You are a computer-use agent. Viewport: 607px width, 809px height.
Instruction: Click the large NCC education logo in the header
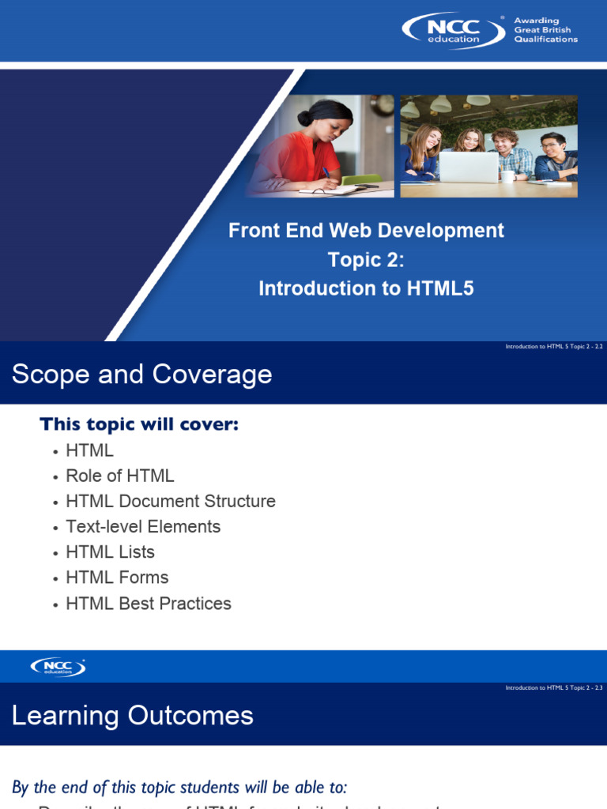(x=453, y=31)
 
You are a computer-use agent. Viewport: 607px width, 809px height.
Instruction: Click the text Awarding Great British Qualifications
(x=545, y=30)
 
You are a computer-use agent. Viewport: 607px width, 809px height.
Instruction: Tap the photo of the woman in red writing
(x=319, y=146)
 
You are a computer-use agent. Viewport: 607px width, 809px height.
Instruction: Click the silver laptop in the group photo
(x=468, y=167)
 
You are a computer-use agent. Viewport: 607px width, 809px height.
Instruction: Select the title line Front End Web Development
(x=366, y=231)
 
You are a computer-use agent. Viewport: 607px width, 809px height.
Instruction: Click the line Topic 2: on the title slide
(x=366, y=260)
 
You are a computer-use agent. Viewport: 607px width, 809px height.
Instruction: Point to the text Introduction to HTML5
(x=366, y=289)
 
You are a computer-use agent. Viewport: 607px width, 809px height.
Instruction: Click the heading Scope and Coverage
(x=142, y=374)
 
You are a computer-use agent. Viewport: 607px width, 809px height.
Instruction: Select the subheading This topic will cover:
(x=139, y=425)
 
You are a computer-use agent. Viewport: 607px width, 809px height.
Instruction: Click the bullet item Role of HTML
(x=120, y=476)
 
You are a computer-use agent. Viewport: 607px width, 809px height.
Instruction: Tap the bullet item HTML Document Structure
(x=171, y=501)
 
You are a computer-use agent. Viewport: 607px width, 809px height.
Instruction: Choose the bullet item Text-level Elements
(x=143, y=527)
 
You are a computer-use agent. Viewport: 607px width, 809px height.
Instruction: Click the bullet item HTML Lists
(x=111, y=552)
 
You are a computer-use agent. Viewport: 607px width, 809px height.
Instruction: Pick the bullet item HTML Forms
(x=117, y=578)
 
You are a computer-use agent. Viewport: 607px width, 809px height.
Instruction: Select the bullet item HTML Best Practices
(x=149, y=604)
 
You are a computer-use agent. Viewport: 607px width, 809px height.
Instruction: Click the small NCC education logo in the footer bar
(x=58, y=667)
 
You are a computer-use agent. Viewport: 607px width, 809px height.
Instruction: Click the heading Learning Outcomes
(x=133, y=716)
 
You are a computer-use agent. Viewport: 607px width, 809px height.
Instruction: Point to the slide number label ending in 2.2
(x=553, y=347)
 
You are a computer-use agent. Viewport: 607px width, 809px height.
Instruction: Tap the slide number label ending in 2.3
(x=553, y=688)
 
